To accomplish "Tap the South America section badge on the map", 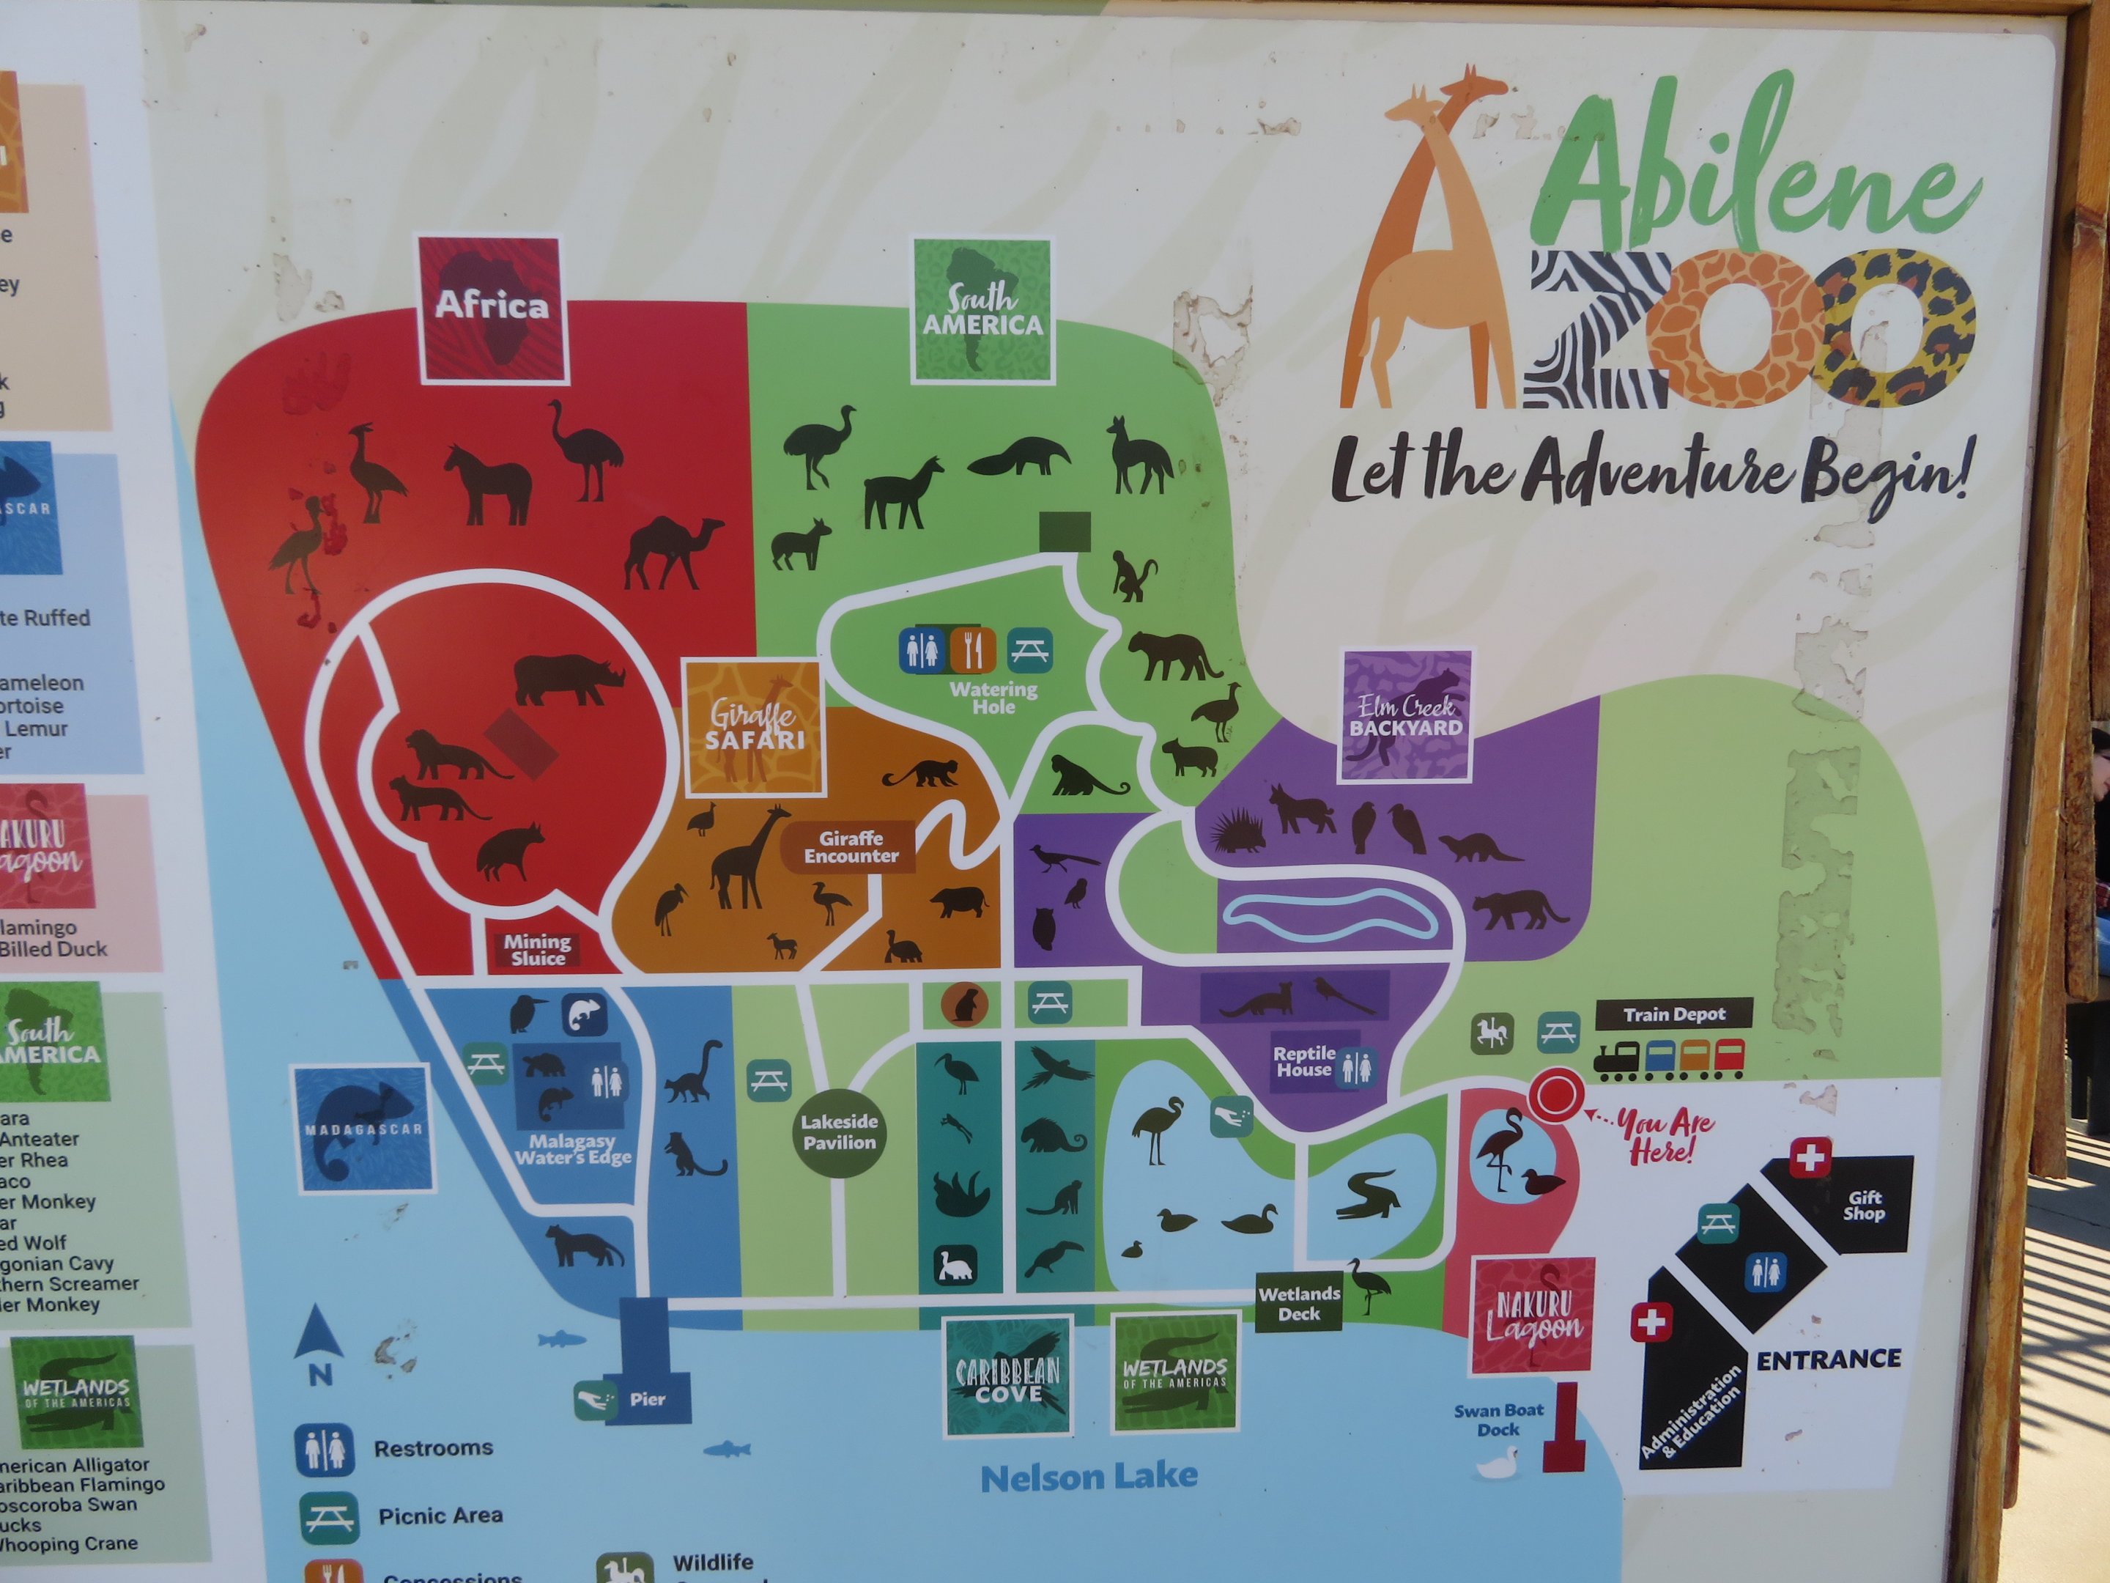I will [982, 310].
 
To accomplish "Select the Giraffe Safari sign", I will [755, 727].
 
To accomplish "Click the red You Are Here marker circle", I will [1556, 1094].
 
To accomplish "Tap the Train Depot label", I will [1674, 1014].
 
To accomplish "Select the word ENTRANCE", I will [1829, 1359].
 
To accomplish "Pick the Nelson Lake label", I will [1089, 1477].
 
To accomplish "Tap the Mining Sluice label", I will [538, 949].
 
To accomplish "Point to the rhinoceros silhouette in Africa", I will [569, 679].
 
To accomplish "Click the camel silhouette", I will [673, 553].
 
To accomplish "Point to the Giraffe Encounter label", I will [851, 847].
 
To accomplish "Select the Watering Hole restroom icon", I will [922, 650].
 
